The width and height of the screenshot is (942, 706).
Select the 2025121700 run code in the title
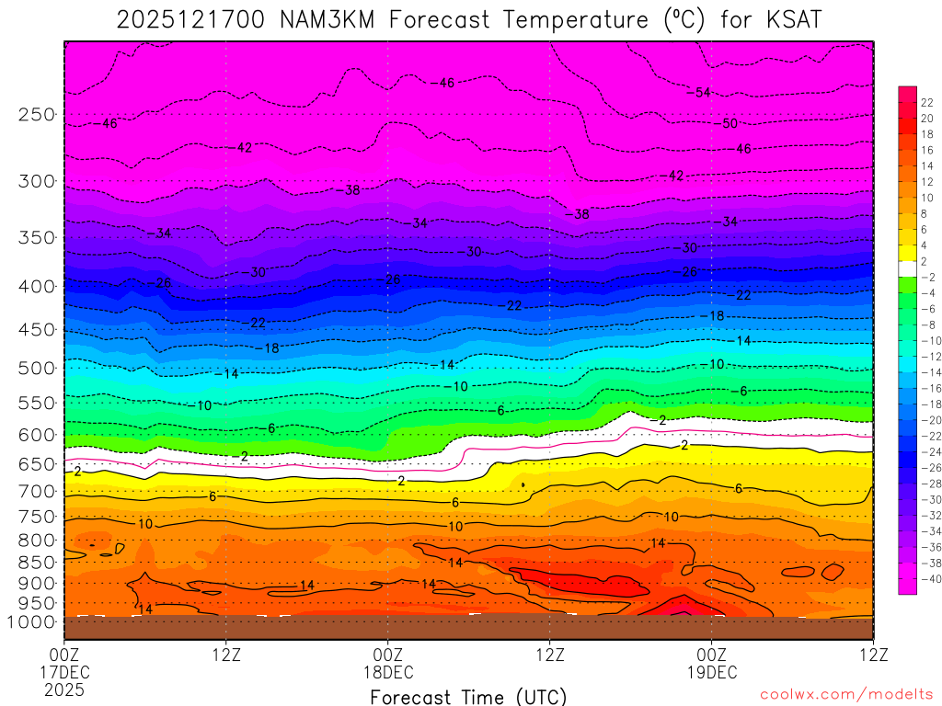pos(188,20)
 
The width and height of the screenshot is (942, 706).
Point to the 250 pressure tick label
pos(37,115)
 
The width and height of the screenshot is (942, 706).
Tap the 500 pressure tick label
pos(37,368)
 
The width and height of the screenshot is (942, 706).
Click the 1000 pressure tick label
pos(32,622)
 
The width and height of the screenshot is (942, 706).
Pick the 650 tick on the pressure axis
pos(37,464)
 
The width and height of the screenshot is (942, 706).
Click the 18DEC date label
pos(387,672)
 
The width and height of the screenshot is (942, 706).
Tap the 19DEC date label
pos(711,672)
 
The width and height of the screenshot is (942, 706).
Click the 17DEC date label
pos(63,672)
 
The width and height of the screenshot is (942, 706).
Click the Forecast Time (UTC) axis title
pos(468,696)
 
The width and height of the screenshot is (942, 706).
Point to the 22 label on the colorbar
pos(926,102)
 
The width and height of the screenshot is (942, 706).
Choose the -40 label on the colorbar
pos(928,578)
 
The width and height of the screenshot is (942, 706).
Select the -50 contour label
pos(728,123)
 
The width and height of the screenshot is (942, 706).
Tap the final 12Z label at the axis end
pos(872,655)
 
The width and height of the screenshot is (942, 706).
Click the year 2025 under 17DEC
pos(63,689)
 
